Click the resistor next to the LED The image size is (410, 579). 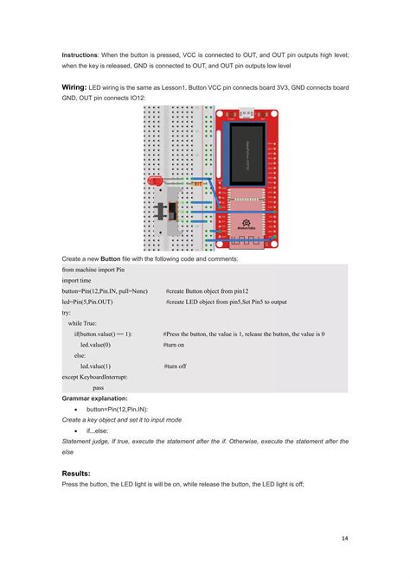198,184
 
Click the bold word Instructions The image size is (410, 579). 80,54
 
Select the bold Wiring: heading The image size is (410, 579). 79,87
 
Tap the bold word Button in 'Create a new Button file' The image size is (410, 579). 111,259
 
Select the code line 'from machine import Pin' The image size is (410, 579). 99,270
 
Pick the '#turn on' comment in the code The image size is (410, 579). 174,344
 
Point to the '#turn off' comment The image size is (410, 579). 175,366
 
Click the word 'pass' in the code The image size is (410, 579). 98,388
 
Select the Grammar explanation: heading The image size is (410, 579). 98,398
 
